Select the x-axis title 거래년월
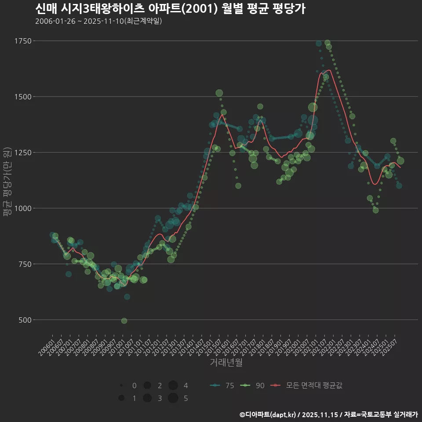226,363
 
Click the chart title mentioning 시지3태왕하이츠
170,9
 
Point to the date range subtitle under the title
98,21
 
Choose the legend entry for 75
222,386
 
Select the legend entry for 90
253,386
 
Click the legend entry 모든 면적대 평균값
306,386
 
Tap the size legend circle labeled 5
173,398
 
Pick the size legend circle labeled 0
121,386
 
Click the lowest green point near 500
124,321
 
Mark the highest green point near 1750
327,43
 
